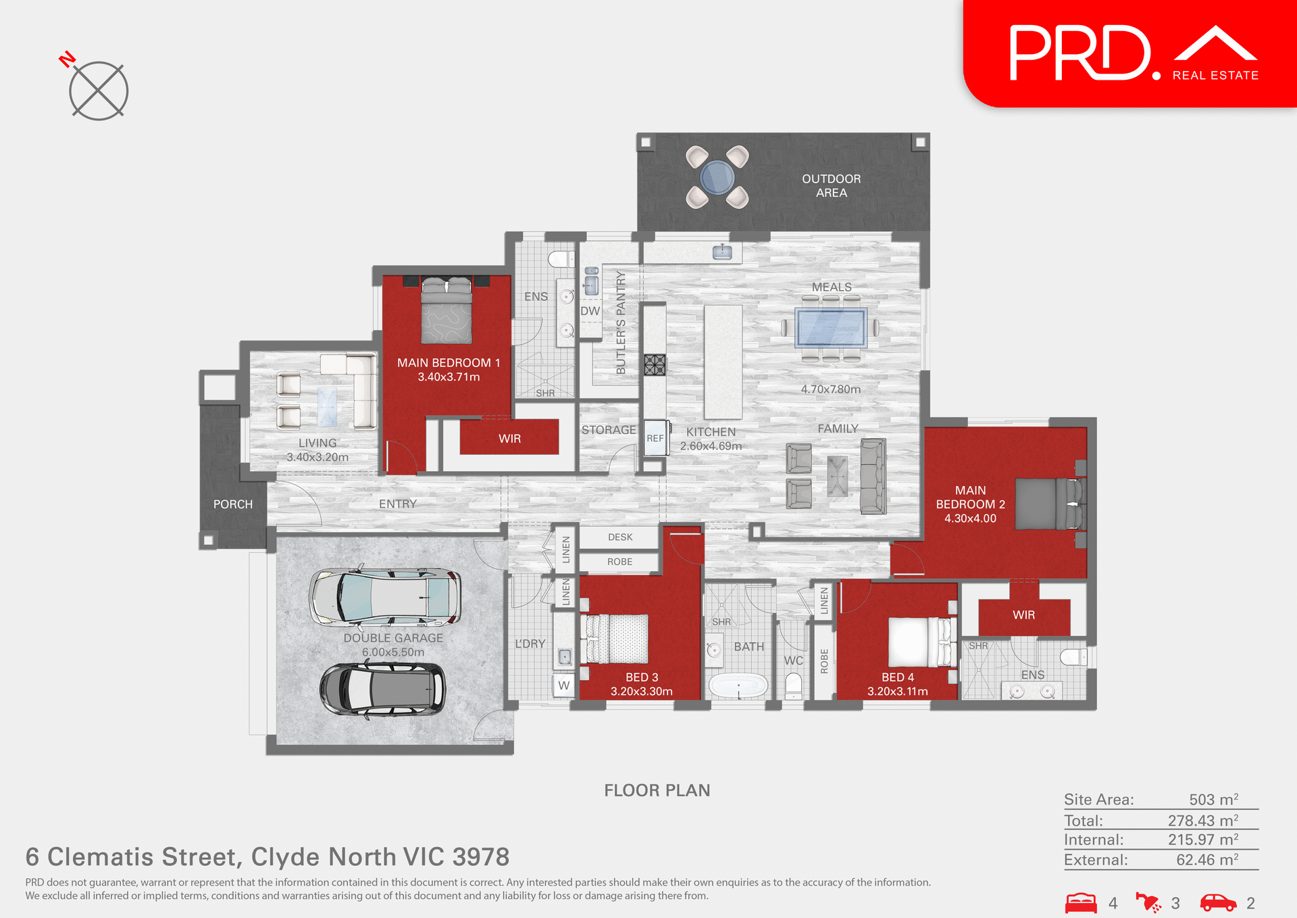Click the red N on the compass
67,59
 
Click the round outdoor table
717,177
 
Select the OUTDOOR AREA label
831,186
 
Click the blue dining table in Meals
831,328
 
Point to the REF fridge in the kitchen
655,438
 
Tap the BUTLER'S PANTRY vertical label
621,323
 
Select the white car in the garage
386,597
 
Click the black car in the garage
383,689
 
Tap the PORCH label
233,504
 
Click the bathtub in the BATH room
738,686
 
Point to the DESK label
620,537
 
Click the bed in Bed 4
919,642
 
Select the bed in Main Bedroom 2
1049,504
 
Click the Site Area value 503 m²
1213,800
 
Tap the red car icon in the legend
1217,902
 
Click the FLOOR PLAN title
657,790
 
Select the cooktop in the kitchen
655,365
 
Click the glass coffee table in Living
328,406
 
